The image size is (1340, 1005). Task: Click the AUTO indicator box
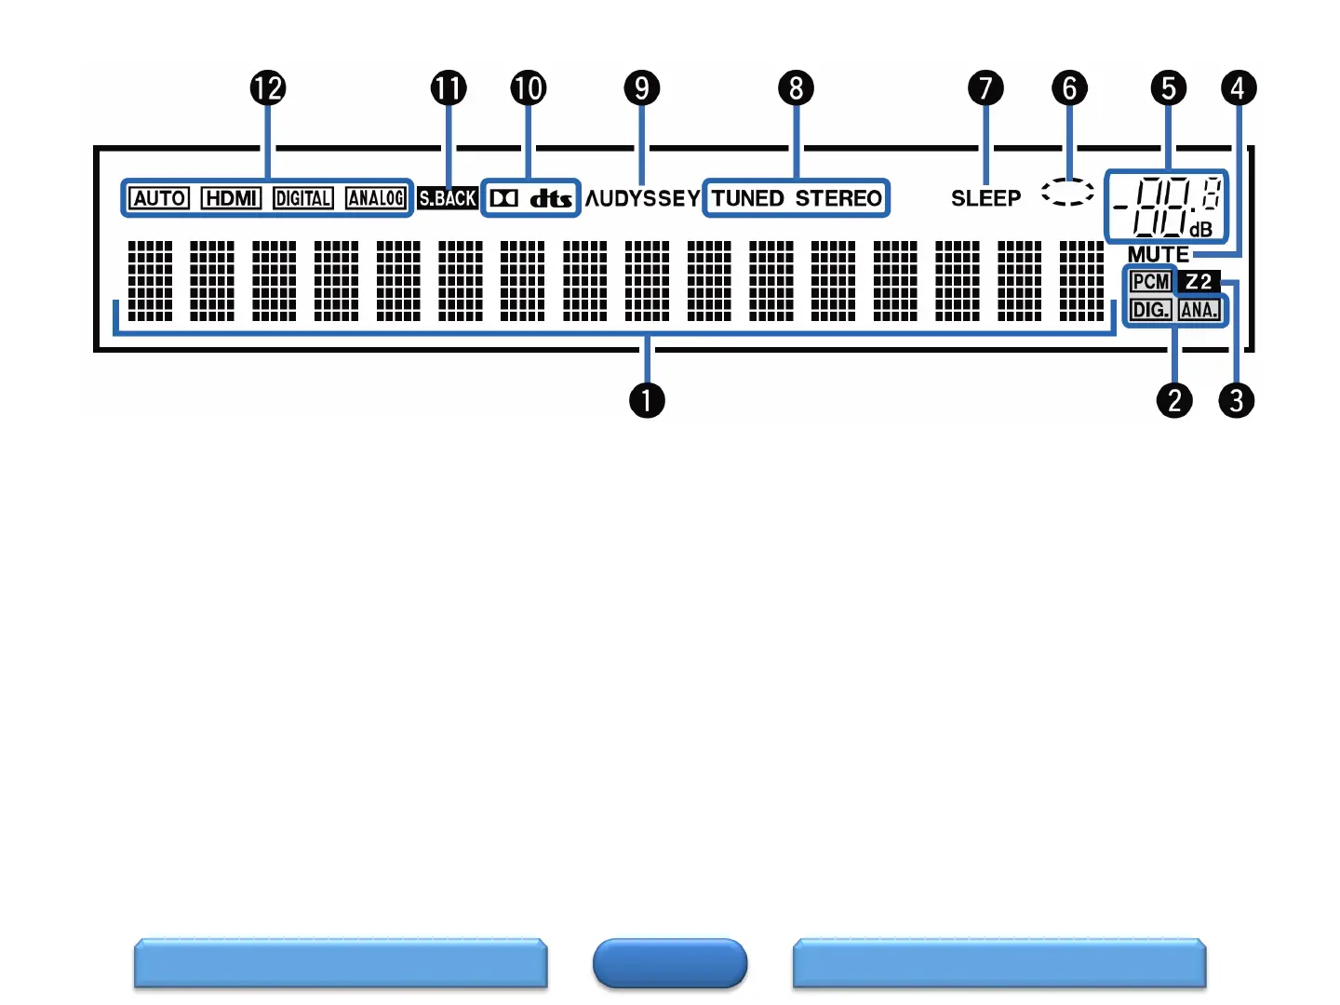[159, 198]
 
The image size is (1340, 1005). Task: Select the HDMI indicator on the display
[231, 198]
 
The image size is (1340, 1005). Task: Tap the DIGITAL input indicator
[303, 198]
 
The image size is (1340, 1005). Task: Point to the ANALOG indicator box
[376, 198]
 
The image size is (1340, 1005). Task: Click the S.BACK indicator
[448, 198]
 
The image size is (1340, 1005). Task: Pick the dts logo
[551, 198]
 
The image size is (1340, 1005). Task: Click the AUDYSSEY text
[643, 198]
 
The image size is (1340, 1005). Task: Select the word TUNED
[748, 198]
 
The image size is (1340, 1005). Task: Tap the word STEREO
[838, 198]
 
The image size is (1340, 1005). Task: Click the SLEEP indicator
[985, 198]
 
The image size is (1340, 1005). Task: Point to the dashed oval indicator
[1067, 193]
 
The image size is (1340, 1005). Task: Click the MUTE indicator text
[1158, 254]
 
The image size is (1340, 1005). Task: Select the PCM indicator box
[1150, 282]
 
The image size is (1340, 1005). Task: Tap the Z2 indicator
[1199, 282]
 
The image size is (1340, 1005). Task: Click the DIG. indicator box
[1150, 310]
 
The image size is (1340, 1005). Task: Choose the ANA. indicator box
[1199, 310]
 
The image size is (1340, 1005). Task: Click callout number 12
[268, 88]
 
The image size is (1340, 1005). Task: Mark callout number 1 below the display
[647, 401]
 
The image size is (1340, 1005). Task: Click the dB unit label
[1200, 229]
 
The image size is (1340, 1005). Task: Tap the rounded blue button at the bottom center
[670, 963]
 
